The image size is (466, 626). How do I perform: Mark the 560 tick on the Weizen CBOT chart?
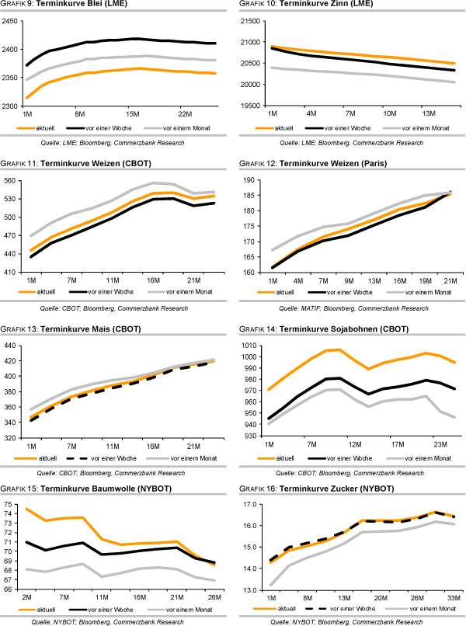pyautogui.click(x=14, y=180)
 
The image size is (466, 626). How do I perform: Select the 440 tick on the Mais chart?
pyautogui.click(x=14, y=346)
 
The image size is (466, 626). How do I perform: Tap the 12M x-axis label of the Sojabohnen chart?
pyautogui.click(x=356, y=444)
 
